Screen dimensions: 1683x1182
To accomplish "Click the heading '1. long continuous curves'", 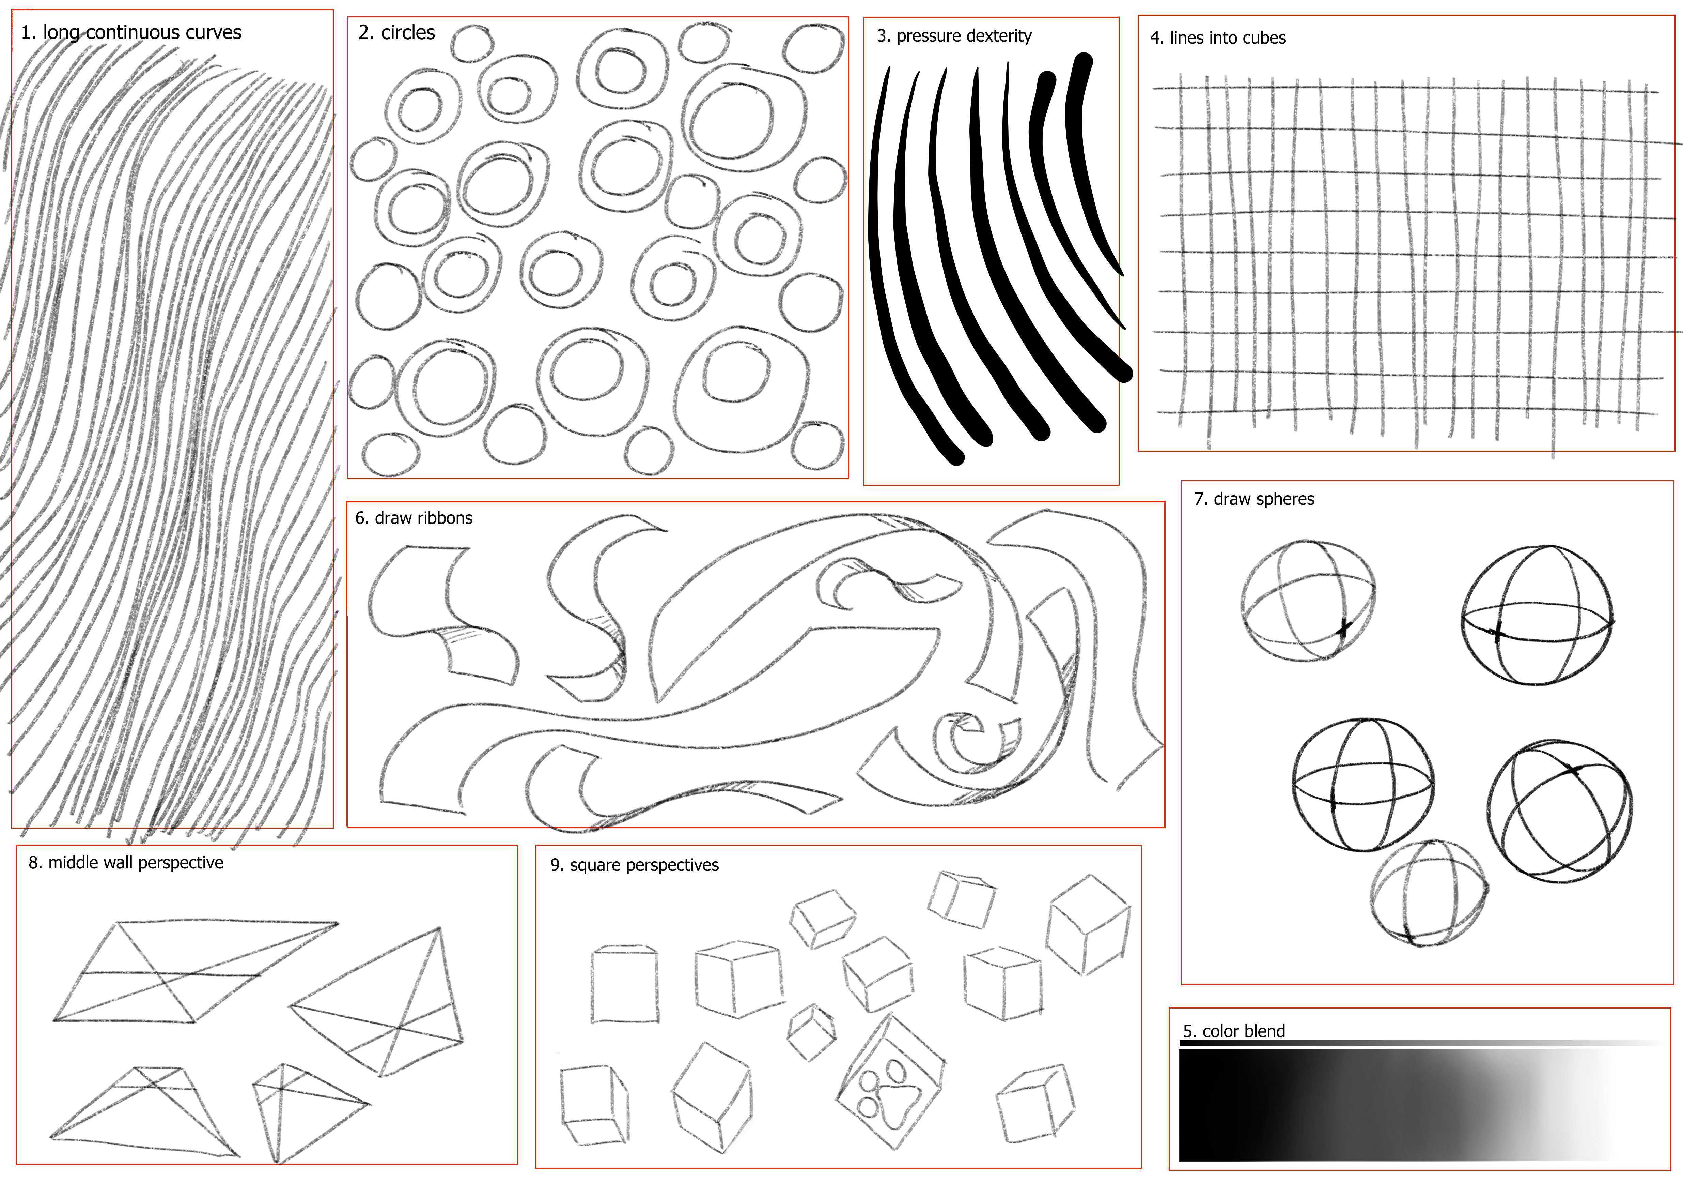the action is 131,32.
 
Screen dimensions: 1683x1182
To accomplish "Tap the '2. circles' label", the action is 396,32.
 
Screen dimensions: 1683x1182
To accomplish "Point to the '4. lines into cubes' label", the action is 1217,38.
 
